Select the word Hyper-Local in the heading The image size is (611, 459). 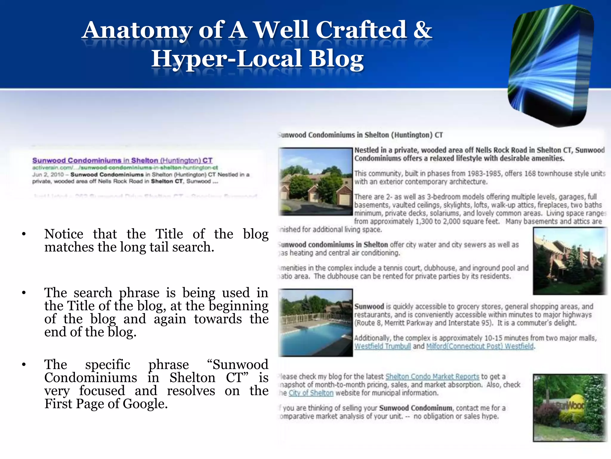coord(227,59)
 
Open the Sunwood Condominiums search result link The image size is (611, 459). coord(122,160)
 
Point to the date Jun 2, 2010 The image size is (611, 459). coord(48,175)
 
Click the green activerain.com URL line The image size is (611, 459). coord(125,168)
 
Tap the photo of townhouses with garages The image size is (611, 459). coord(316,181)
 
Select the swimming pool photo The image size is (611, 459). coord(316,323)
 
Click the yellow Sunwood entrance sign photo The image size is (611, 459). coord(570,408)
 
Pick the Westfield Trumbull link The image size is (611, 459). coord(382,346)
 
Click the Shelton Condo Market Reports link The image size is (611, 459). coord(432,377)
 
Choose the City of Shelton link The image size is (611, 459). coord(311,393)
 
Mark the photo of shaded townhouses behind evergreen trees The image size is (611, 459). coord(570,261)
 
